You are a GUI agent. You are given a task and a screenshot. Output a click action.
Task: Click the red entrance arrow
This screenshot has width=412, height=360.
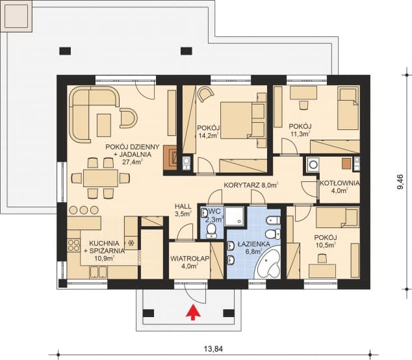pyautogui.click(x=193, y=312)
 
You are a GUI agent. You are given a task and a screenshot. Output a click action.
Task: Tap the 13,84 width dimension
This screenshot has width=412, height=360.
pyautogui.click(x=213, y=349)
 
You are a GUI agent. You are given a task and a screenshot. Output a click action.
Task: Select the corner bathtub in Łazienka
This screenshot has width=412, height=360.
pyautogui.click(x=268, y=264)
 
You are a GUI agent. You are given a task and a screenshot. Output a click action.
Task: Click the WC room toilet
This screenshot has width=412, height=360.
pyautogui.click(x=211, y=231)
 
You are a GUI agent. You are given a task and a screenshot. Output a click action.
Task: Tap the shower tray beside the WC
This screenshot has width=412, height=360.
pyautogui.click(x=234, y=216)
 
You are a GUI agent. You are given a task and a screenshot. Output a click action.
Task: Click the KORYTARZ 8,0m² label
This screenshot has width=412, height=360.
pyautogui.click(x=251, y=185)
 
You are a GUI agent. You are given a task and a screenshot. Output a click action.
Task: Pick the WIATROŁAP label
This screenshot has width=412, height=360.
pyautogui.click(x=190, y=259)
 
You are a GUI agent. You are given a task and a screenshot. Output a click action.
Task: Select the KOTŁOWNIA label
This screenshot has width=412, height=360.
pyautogui.click(x=339, y=183)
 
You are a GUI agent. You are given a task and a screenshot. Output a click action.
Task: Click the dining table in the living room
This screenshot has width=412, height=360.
pyautogui.click(x=101, y=178)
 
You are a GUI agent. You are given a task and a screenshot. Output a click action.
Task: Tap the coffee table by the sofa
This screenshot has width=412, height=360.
pyautogui.click(x=104, y=125)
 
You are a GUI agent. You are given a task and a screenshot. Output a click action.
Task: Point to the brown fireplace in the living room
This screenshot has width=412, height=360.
pyautogui.click(x=170, y=158)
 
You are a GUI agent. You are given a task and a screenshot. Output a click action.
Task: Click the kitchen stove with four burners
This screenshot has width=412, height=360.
pyautogui.click(x=73, y=245)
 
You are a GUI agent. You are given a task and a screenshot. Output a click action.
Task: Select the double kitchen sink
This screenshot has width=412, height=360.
pyautogui.click(x=99, y=272)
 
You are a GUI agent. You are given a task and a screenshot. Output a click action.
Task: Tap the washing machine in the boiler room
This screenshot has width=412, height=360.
pyautogui.click(x=313, y=165)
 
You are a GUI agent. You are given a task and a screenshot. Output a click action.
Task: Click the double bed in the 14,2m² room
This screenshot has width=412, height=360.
pyautogui.click(x=242, y=120)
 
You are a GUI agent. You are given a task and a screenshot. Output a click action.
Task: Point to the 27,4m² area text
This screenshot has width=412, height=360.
pyautogui.click(x=133, y=162)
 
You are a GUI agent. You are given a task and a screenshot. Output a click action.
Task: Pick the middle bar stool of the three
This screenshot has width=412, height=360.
pyautogui.click(x=84, y=210)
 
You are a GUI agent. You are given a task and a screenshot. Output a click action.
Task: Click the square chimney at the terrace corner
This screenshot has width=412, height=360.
pyautogui.click(x=16, y=16)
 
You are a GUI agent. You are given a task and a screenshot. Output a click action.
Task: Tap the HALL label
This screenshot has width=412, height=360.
pyautogui.click(x=183, y=207)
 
